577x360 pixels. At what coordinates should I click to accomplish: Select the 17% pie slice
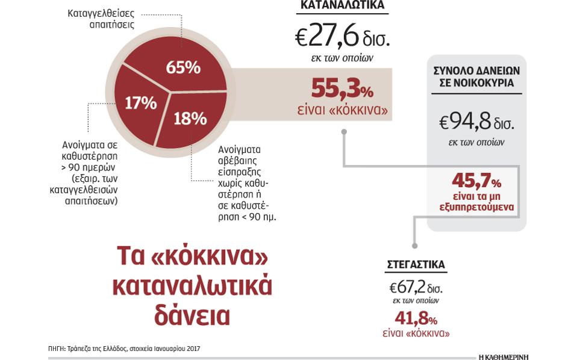tap(140, 103)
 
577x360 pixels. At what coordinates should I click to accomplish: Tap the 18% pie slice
tap(189, 118)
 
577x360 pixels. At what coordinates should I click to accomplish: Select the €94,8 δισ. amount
tap(476, 123)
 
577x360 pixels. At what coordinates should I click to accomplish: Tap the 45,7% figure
tap(476, 180)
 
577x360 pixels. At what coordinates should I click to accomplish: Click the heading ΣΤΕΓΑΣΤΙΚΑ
tap(416, 265)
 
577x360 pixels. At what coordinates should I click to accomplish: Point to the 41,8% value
tap(416, 317)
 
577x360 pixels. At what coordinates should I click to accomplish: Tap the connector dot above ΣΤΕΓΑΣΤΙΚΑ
tap(415, 246)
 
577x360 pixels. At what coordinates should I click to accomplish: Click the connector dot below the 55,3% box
tap(344, 131)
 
